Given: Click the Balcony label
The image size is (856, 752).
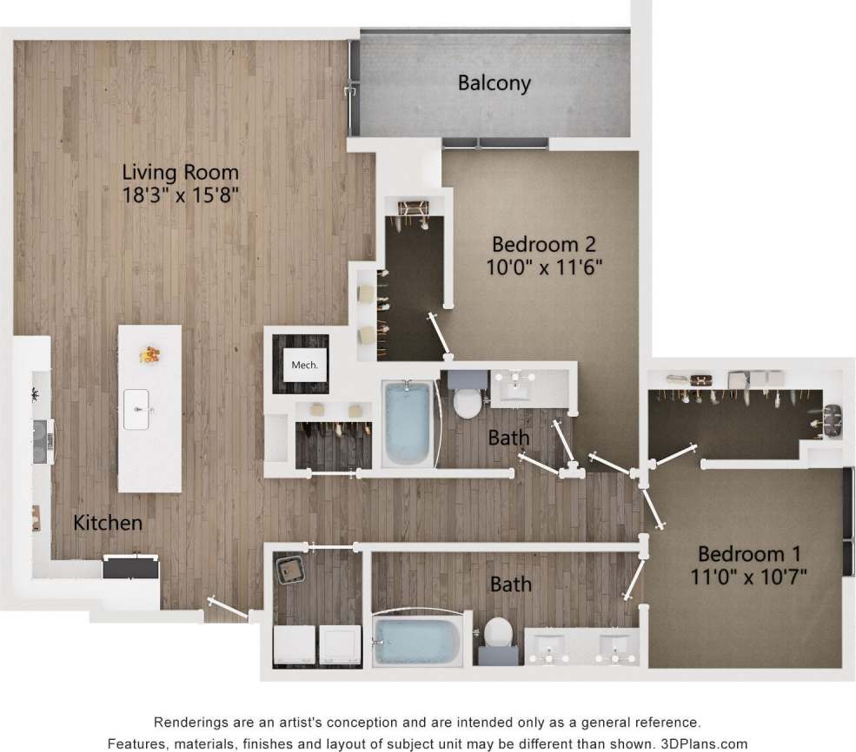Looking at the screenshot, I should [x=494, y=83].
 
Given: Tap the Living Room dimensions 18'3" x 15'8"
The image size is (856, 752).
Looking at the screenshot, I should [x=181, y=195].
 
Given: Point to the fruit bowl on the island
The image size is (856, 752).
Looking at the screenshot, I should [x=149, y=354].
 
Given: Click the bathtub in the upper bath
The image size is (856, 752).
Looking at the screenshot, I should [x=407, y=424].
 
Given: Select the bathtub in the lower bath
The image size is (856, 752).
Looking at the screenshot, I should [x=417, y=642].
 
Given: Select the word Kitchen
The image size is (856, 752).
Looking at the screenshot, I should [x=107, y=523].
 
